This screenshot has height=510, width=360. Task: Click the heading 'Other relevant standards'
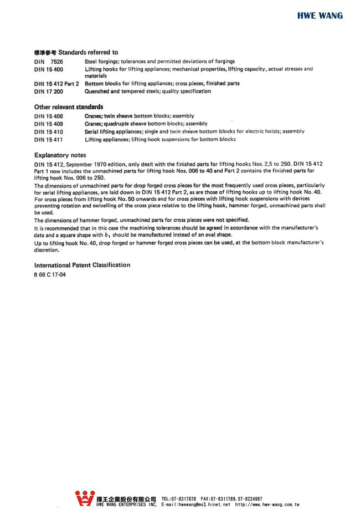pos(69,106)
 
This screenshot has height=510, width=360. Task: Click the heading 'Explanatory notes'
pos(60,155)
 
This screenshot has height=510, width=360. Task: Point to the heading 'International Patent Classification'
pos(82,265)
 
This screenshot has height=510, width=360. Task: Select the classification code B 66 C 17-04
pos(50,275)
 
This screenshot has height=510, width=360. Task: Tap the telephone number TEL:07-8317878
pos(178,499)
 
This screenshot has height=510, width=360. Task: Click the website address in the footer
pos(268,505)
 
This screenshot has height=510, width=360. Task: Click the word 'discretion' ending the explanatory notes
pos(47,249)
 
